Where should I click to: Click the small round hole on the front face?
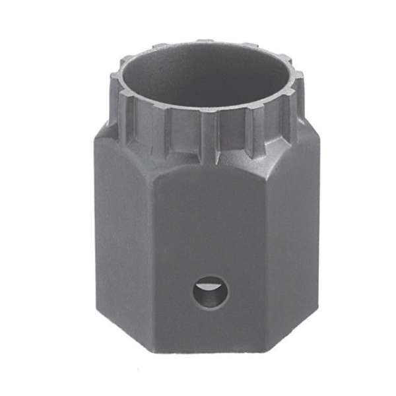coord(211,292)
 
